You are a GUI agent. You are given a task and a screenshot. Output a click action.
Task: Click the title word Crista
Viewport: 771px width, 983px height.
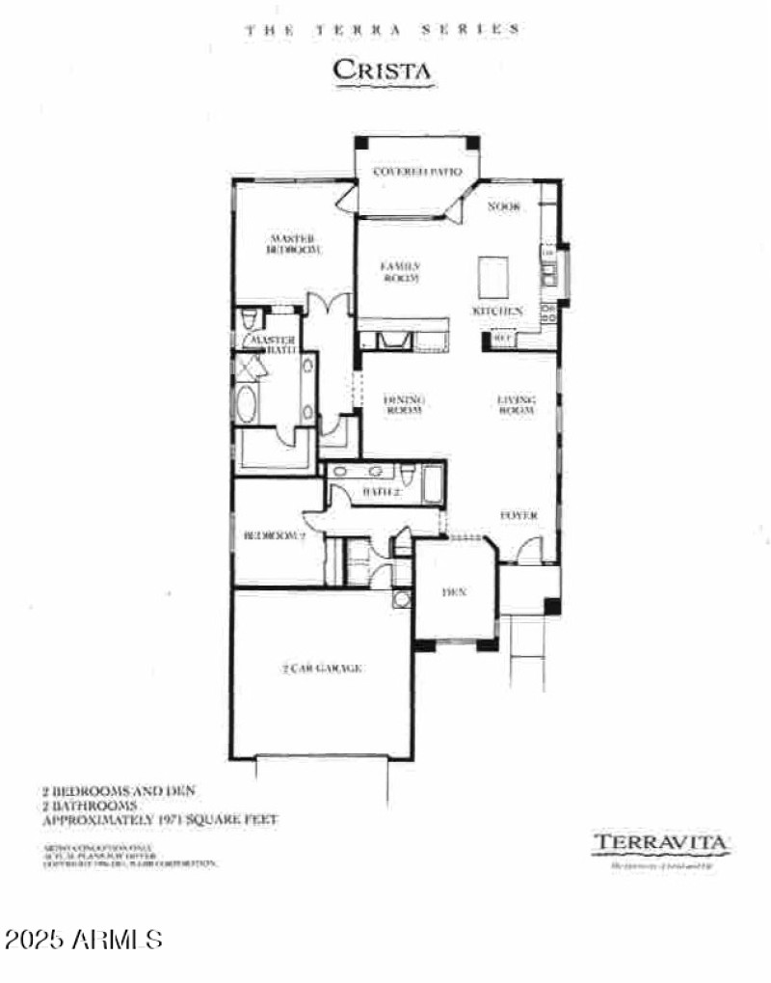tap(381, 69)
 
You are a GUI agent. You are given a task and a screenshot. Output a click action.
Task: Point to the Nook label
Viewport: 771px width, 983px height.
tap(504, 205)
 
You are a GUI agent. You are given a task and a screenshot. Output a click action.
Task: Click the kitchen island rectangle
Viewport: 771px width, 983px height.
tap(494, 277)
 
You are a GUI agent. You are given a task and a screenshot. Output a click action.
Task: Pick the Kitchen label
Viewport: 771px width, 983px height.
tap(496, 311)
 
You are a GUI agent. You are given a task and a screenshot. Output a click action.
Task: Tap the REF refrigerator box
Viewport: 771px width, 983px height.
tap(502, 339)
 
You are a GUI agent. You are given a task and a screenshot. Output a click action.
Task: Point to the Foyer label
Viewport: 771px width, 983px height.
tap(518, 515)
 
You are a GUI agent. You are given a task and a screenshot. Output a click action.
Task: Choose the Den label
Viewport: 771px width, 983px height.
tap(454, 592)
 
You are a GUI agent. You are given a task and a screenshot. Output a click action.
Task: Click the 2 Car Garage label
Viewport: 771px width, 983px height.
tap(323, 668)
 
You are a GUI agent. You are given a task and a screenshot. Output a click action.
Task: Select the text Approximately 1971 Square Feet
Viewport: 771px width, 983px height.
tap(160, 819)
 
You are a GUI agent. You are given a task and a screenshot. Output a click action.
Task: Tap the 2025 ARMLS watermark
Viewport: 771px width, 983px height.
tap(85, 938)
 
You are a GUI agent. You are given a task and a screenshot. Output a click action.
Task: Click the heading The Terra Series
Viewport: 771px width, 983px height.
tap(383, 30)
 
